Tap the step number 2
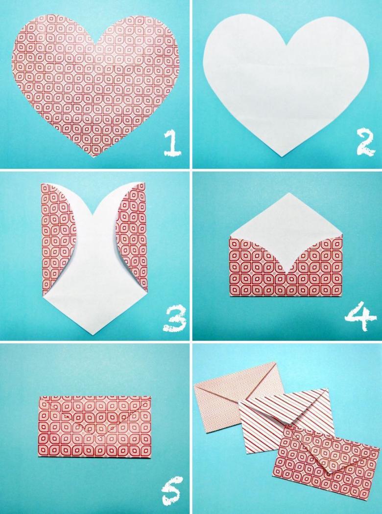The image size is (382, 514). [365, 143]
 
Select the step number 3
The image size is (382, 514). [174, 319]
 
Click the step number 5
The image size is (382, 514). [172, 490]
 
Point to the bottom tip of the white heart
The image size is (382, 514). [282, 156]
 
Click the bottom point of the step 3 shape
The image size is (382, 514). [93, 335]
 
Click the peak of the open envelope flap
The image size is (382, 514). [287, 193]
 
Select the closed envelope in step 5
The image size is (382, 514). [95, 426]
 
